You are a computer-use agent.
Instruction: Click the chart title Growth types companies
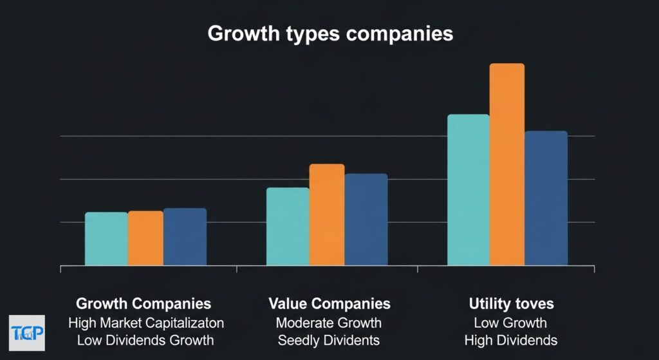tap(329, 33)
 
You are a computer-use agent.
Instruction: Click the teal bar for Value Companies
tap(288, 226)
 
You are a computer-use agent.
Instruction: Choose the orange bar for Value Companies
tap(327, 214)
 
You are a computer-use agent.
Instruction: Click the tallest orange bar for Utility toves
tap(507, 164)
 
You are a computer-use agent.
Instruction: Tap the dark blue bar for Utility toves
tap(546, 198)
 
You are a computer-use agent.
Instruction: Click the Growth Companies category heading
tap(144, 303)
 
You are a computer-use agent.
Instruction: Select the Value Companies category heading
tap(329, 303)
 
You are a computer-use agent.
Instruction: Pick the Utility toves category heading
tap(510, 303)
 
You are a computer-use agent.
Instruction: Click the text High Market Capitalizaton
tap(145, 322)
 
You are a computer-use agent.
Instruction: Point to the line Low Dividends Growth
tap(145, 340)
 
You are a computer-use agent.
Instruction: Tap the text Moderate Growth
tap(329, 322)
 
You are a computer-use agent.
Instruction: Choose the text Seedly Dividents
tap(329, 340)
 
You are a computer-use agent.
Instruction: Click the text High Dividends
tap(510, 340)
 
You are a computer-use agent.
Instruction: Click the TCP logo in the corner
tap(28, 332)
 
